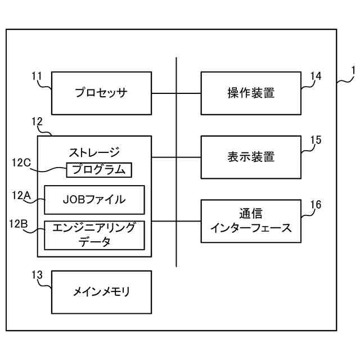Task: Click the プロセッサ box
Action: (101, 93)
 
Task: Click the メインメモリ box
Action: (101, 292)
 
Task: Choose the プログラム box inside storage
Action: (99, 169)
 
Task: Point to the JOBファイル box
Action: (94, 200)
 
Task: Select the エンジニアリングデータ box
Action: (94, 235)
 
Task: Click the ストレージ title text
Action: (94, 152)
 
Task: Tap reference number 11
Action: (37, 75)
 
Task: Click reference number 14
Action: (316, 76)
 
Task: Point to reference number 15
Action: (316, 141)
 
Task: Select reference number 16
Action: (316, 205)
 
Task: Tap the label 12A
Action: (20, 195)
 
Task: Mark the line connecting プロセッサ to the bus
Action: (164, 93)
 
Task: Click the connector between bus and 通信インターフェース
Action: (188, 221)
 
